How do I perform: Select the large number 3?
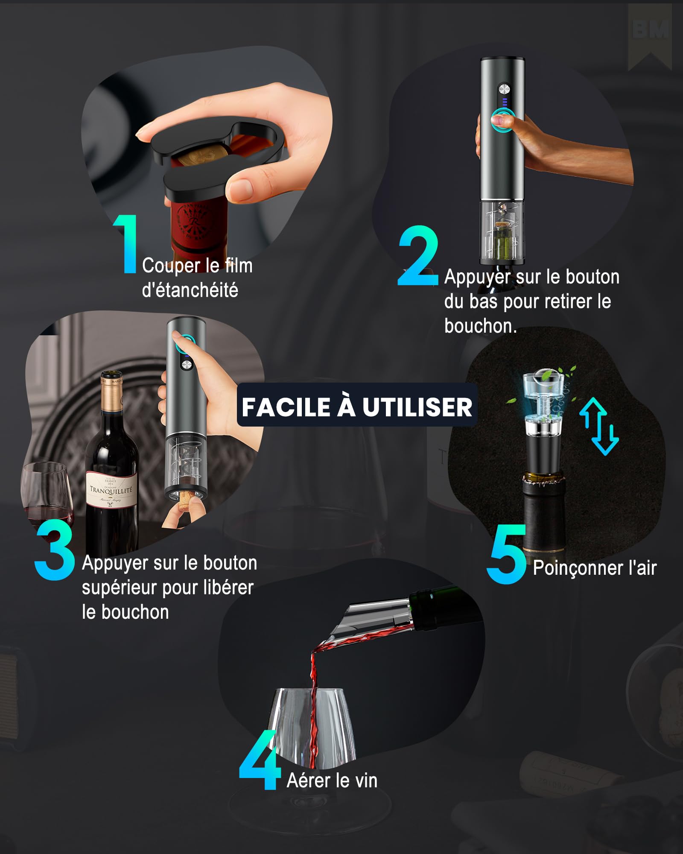(x=55, y=550)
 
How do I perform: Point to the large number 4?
(x=259, y=760)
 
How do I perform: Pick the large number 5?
(x=507, y=554)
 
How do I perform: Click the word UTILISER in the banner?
(x=417, y=407)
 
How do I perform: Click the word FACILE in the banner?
(x=286, y=407)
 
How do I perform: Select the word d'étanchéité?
(x=190, y=290)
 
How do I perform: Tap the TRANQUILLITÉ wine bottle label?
(x=111, y=490)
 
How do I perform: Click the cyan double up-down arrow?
(x=599, y=426)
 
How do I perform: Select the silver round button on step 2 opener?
(x=505, y=89)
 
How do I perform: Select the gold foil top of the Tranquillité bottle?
(x=111, y=391)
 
